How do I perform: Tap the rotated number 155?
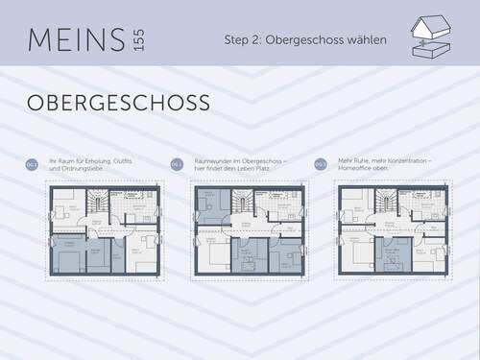coord(139,40)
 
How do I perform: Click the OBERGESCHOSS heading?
coord(118,103)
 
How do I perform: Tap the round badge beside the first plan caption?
coord(32,165)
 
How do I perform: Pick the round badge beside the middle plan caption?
coord(177,165)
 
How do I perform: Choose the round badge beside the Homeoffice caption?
coord(321,165)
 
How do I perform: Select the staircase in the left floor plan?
coord(96,203)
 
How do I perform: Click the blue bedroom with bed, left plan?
coord(68,254)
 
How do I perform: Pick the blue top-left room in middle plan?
coord(212,207)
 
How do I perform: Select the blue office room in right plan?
coord(391,254)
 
